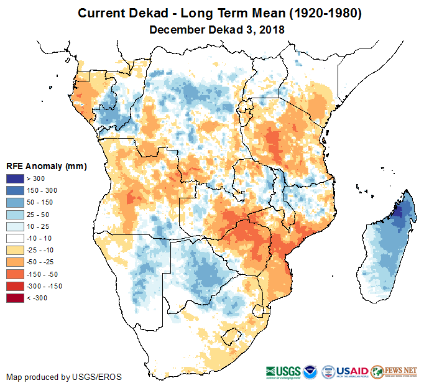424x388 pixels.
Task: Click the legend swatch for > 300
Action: pyautogui.click(x=15, y=179)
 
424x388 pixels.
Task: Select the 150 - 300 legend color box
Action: pyautogui.click(x=15, y=191)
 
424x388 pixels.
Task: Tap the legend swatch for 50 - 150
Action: pyautogui.click(x=15, y=203)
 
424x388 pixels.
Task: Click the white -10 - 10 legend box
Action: pyautogui.click(x=15, y=238)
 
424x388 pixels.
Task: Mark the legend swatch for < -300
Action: pyautogui.click(x=15, y=298)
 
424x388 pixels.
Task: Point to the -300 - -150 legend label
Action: pyautogui.click(x=44, y=286)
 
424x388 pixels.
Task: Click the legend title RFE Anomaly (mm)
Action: pyautogui.click(x=46, y=167)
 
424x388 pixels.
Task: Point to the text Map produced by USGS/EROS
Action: pyautogui.click(x=64, y=377)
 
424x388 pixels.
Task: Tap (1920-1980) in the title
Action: pyautogui.click(x=320, y=13)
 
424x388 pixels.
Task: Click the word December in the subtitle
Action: pyautogui.click(x=175, y=29)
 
